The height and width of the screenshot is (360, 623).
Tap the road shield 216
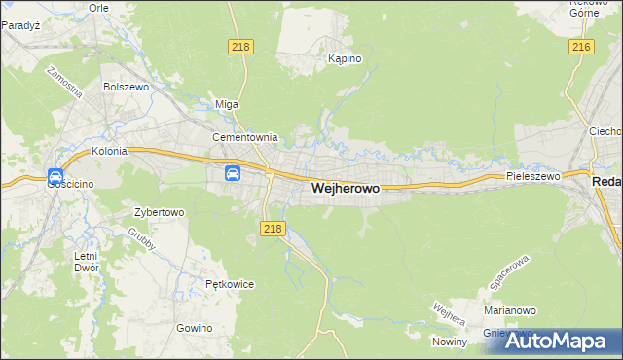582,47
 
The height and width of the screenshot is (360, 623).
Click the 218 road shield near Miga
242,47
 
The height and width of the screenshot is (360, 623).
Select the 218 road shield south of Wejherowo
273,229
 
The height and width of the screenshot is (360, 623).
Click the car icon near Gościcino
55,176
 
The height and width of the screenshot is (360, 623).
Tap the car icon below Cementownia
233,174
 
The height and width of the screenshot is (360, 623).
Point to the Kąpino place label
345,59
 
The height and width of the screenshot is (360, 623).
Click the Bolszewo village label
125,86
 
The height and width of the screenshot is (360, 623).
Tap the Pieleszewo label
533,177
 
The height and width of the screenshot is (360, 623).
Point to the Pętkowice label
230,285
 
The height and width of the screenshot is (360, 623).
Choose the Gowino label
195,328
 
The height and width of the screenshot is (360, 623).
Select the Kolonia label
110,152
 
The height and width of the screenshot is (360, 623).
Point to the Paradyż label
19,26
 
